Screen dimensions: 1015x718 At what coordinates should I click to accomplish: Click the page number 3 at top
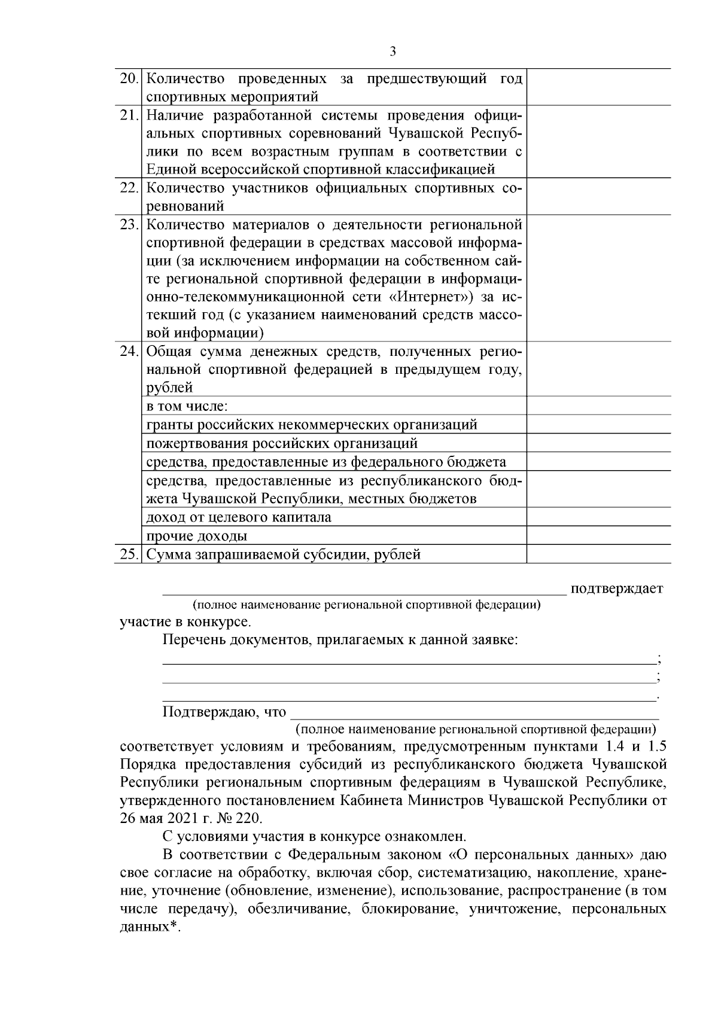pos(393,52)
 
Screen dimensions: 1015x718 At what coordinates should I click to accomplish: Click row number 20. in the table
pos(129,79)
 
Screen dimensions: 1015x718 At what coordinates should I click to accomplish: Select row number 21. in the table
pos(129,115)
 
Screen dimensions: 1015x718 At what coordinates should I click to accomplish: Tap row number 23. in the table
pos(129,225)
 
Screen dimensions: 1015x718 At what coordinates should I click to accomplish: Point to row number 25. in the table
pos(129,554)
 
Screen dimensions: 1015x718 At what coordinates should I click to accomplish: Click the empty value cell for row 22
pos(598,196)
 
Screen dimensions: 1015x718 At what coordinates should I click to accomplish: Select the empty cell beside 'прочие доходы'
pos(598,535)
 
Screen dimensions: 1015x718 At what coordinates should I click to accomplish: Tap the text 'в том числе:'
pos(187,406)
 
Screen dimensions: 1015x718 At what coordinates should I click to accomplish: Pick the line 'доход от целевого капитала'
pos(239,517)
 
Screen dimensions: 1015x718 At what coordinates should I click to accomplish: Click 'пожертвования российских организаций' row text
pos(282,444)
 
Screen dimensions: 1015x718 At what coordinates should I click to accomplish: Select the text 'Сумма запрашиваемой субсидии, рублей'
pos(284,554)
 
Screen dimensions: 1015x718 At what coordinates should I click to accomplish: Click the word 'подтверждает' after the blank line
pos(616,589)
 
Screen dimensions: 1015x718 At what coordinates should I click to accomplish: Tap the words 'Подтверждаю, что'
pos(224,712)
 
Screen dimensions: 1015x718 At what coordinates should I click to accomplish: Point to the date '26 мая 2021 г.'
pos(165,818)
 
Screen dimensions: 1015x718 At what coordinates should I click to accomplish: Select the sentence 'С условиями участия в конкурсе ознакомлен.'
pos(314,836)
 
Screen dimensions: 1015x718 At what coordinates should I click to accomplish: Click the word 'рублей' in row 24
pos(169,388)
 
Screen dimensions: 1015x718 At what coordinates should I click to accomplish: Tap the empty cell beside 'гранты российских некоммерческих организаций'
pos(598,425)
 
